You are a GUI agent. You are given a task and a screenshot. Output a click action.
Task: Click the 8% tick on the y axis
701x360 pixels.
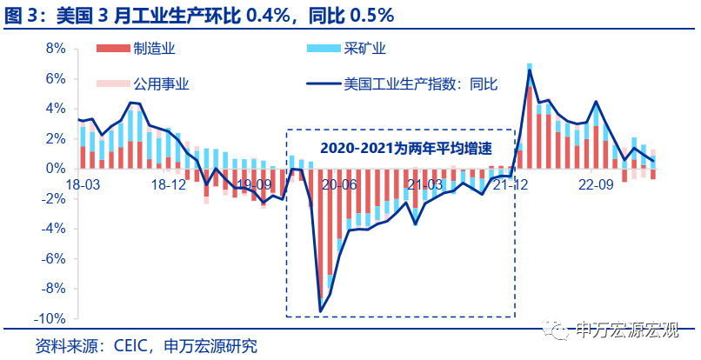coord(54,49)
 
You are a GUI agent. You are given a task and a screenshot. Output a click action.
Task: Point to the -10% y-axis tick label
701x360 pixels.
coord(50,318)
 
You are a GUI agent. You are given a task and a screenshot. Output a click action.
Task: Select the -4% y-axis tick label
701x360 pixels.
coord(52,228)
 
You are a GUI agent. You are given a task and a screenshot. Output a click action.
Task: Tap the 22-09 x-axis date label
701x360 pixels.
coord(597,184)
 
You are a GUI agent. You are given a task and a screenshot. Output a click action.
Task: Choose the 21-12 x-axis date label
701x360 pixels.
coord(511,184)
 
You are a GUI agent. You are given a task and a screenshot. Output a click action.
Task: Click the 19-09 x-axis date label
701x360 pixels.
coord(254,184)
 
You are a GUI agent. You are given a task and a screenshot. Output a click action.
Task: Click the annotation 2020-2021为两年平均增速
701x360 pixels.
coord(400,148)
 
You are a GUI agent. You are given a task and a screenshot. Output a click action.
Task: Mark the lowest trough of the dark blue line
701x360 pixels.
coord(321,311)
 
